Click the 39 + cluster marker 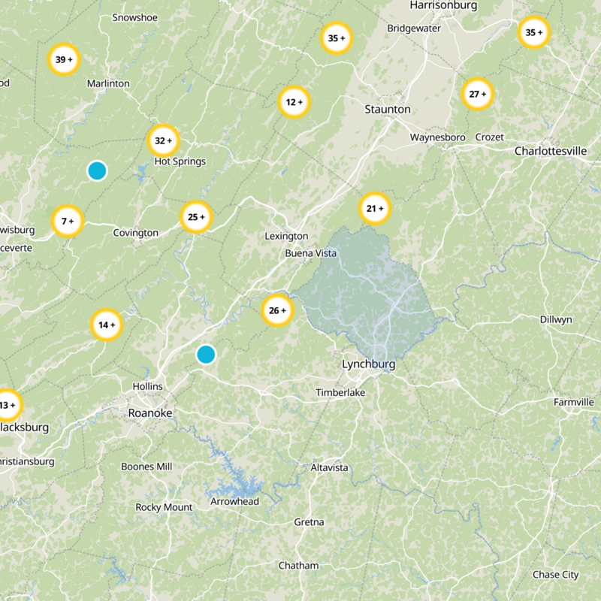coord(64,59)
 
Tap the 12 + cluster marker coord(294,102)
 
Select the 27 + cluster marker coord(478,95)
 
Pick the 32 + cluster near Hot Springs coord(163,140)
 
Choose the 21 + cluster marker coord(374,208)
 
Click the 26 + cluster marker coord(277,311)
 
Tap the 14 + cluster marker coord(107,325)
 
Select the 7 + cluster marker coord(68,222)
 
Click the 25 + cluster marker coord(196,217)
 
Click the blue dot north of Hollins coord(206,355)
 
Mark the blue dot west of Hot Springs coord(96,171)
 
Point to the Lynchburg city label coord(368,364)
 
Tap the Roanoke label coord(150,413)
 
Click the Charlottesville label coord(550,151)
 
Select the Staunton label coord(387,109)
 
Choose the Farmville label coord(574,402)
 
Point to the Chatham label coord(298,565)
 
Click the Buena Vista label coord(311,253)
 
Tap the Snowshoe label coord(134,17)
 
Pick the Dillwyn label coord(556,319)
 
